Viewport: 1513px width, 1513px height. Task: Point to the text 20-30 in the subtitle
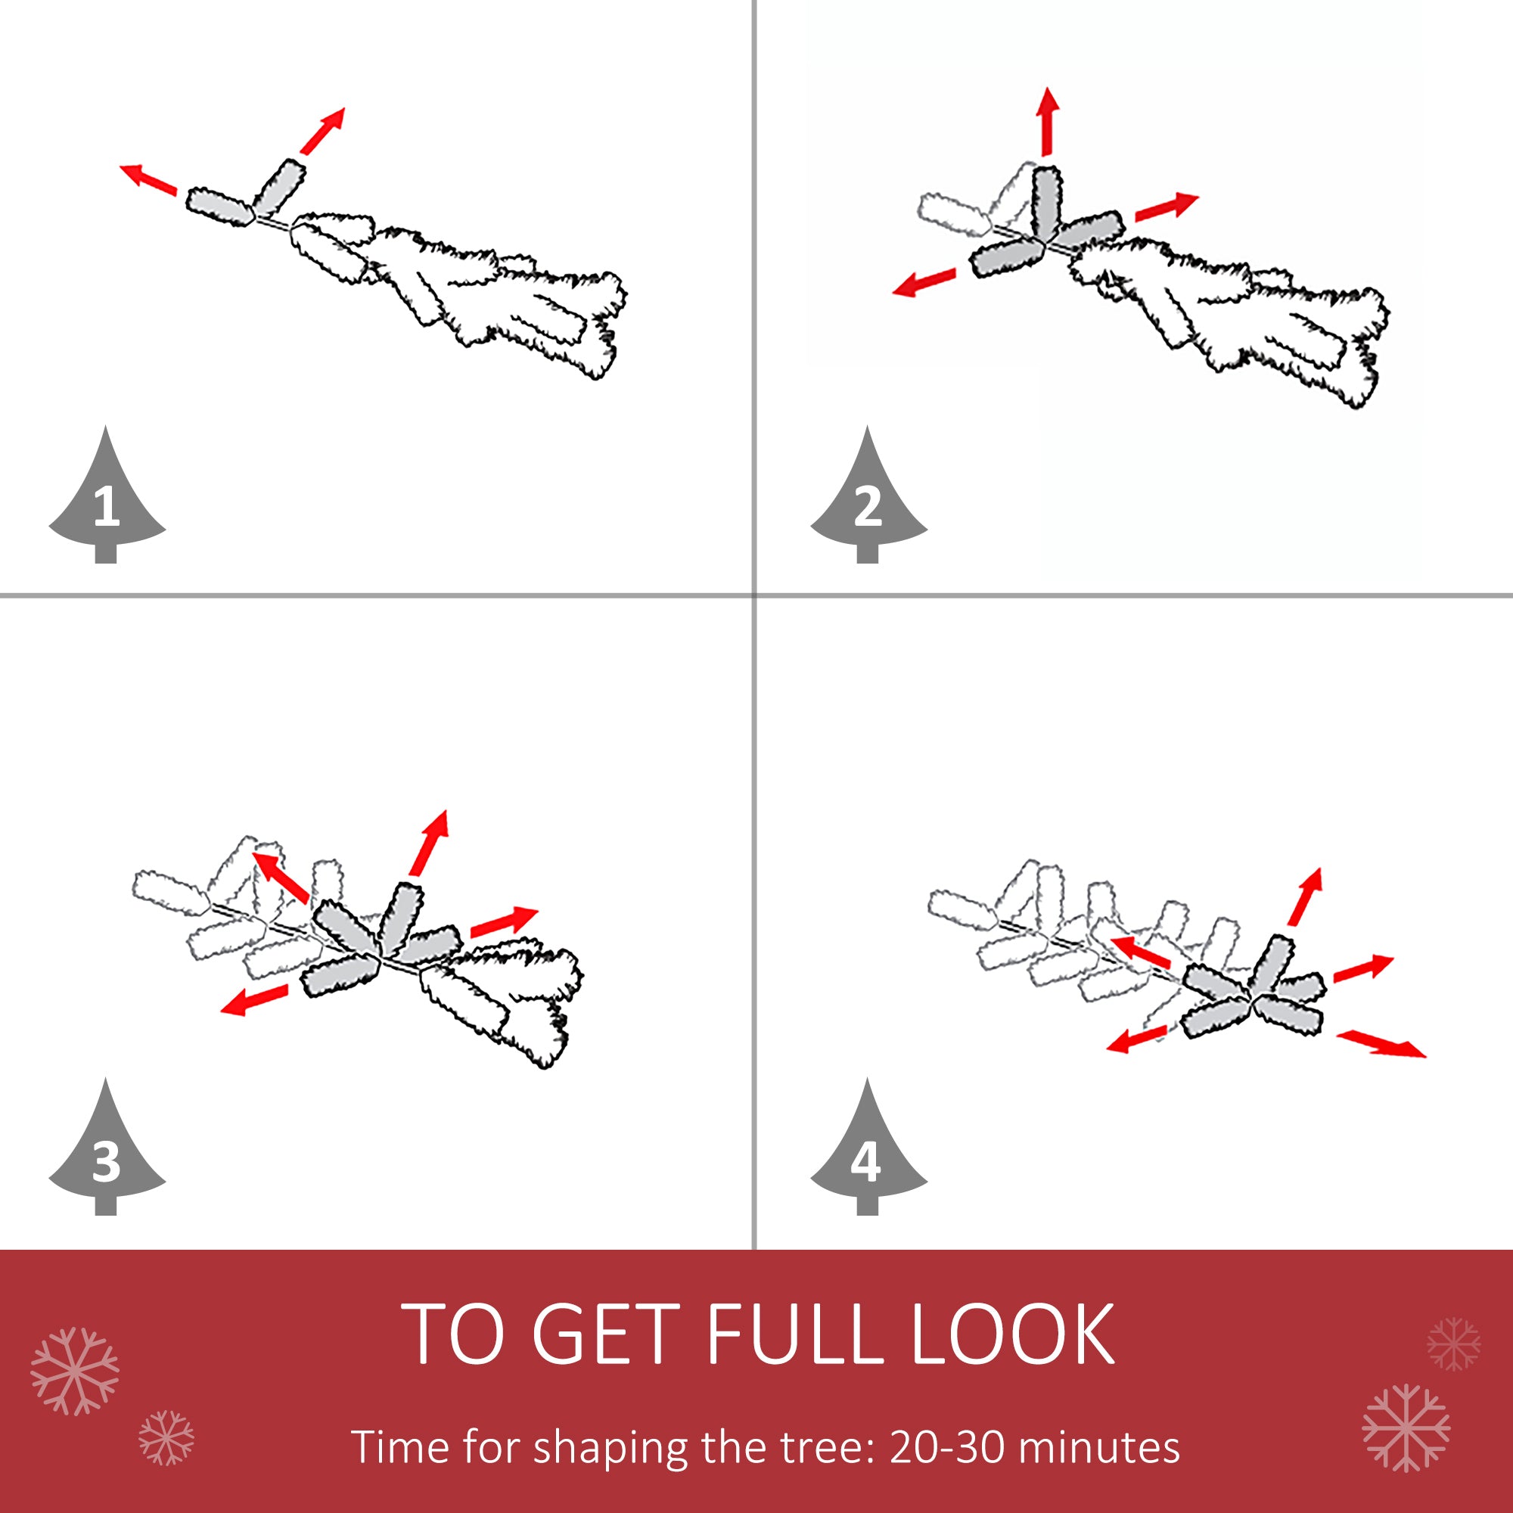pyautogui.click(x=947, y=1446)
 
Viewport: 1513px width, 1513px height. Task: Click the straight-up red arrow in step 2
pyautogui.click(x=1048, y=121)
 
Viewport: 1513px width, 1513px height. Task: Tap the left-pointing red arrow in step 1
pyautogui.click(x=148, y=179)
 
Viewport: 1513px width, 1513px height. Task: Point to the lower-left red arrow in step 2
pyautogui.click(x=924, y=282)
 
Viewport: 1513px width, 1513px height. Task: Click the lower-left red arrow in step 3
pyautogui.click(x=254, y=1000)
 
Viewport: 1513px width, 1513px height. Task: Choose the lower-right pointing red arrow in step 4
pyautogui.click(x=1381, y=1044)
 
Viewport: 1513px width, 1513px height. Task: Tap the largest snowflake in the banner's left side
pyautogui.click(x=75, y=1372)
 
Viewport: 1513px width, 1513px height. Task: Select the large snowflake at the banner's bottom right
pyautogui.click(x=1406, y=1428)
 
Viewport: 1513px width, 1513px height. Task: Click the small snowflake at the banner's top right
pyautogui.click(x=1453, y=1344)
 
